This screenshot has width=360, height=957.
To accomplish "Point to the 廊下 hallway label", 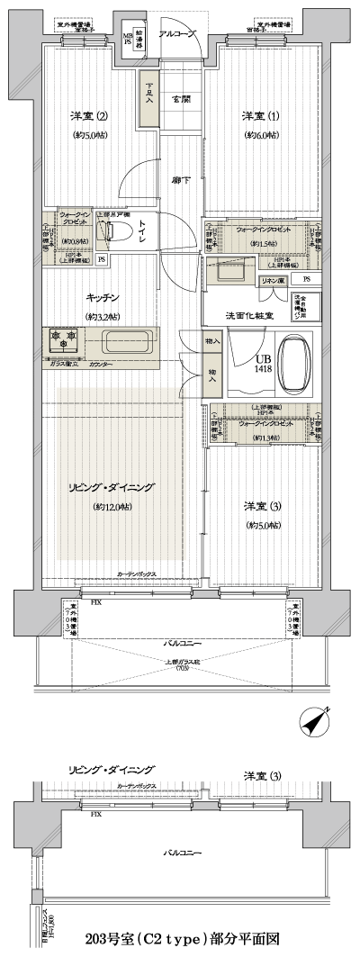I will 181,181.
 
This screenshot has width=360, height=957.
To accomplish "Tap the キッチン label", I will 104,298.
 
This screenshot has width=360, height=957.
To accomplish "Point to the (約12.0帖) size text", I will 112,508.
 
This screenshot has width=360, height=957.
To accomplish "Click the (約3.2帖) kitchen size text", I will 103,317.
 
